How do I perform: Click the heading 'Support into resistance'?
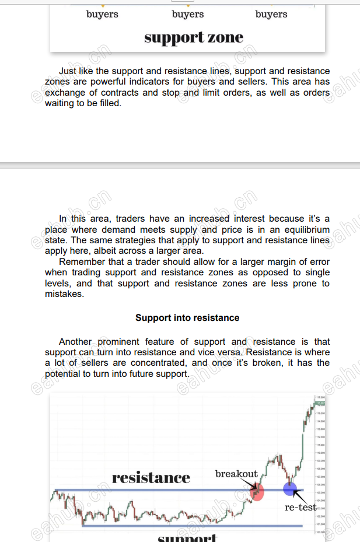pyautogui.click(x=187, y=318)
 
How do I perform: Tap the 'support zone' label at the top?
pyautogui.click(x=194, y=38)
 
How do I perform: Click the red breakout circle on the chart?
pyautogui.click(x=257, y=491)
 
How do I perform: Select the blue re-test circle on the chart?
pyautogui.click(x=289, y=489)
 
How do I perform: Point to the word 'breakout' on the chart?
pyautogui.click(x=236, y=474)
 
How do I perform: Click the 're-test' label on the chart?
pyautogui.click(x=300, y=508)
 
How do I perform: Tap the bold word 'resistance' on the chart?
pyautogui.click(x=151, y=478)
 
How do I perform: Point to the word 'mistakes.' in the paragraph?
pyautogui.click(x=64, y=294)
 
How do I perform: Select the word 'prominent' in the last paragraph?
pyautogui.click(x=122, y=342)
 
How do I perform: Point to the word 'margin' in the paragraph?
pyautogui.click(x=261, y=262)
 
